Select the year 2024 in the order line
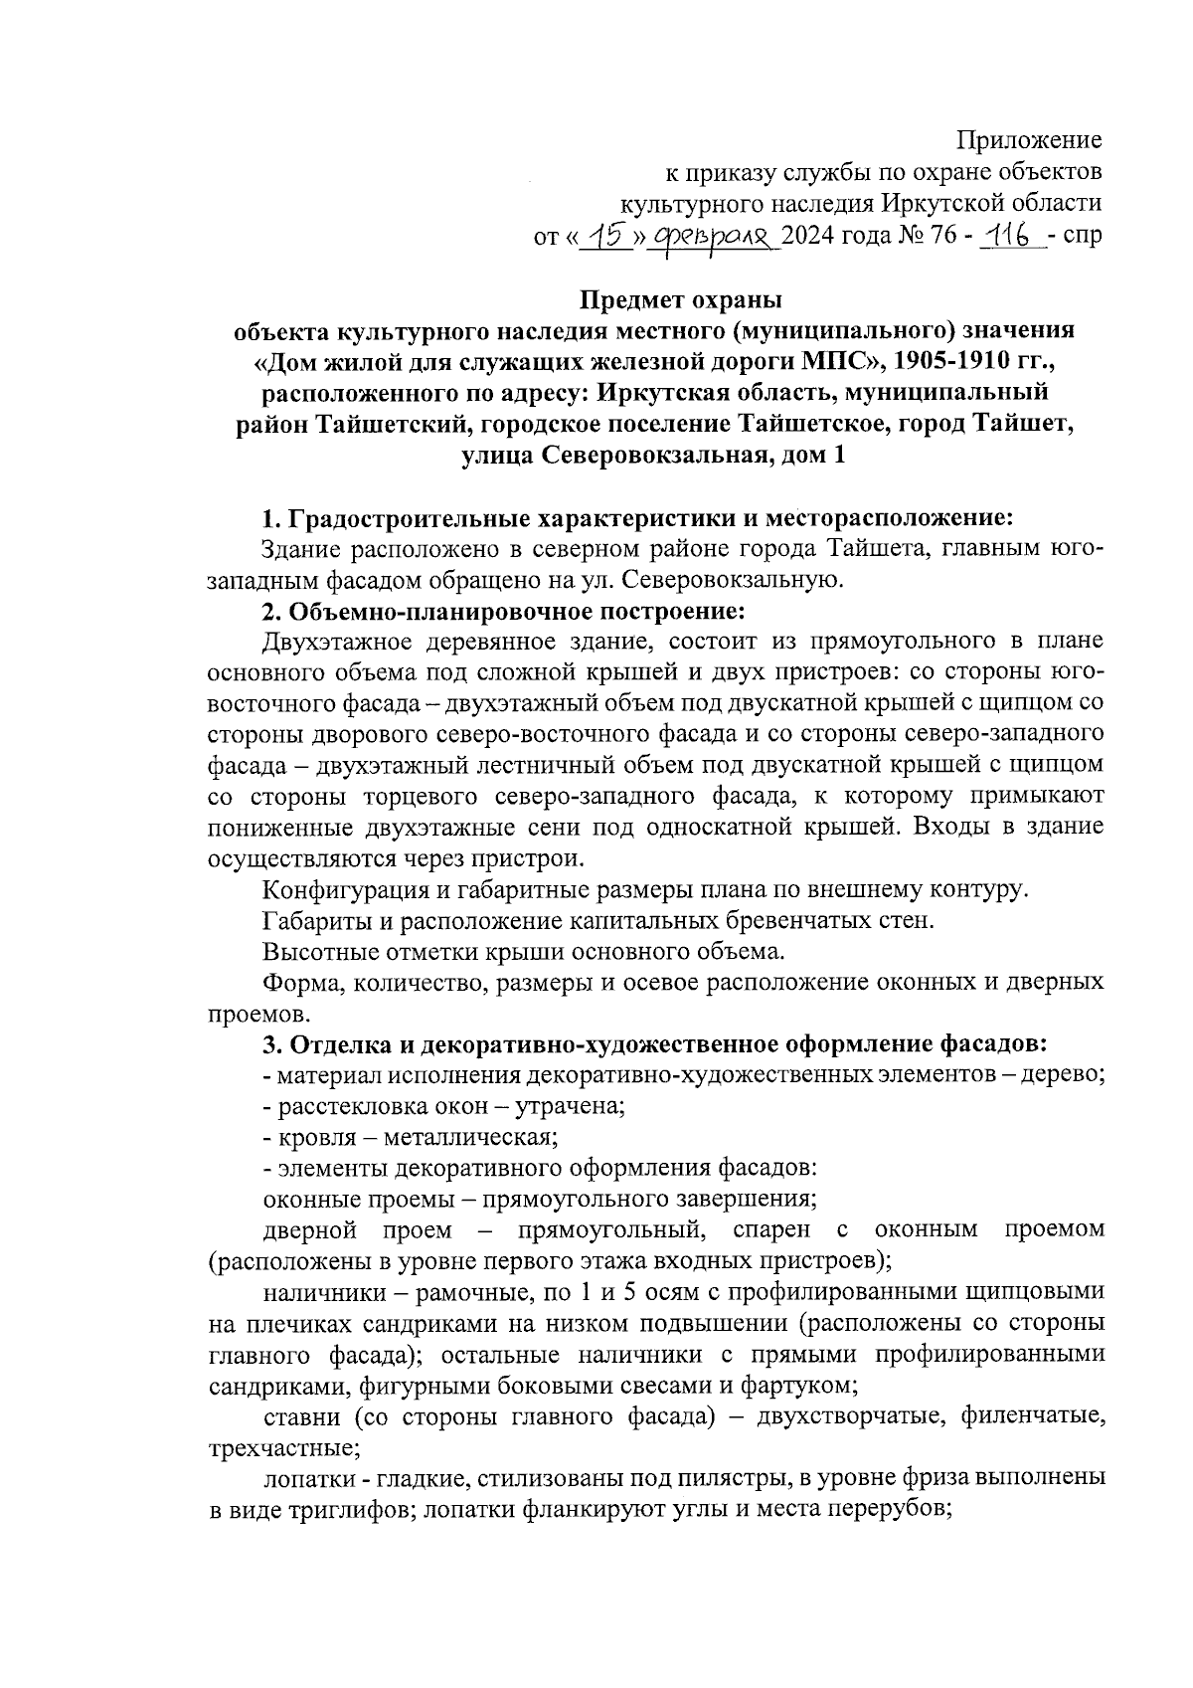coord(811,238)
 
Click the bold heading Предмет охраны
coord(681,299)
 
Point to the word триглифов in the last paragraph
coord(345,1509)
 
